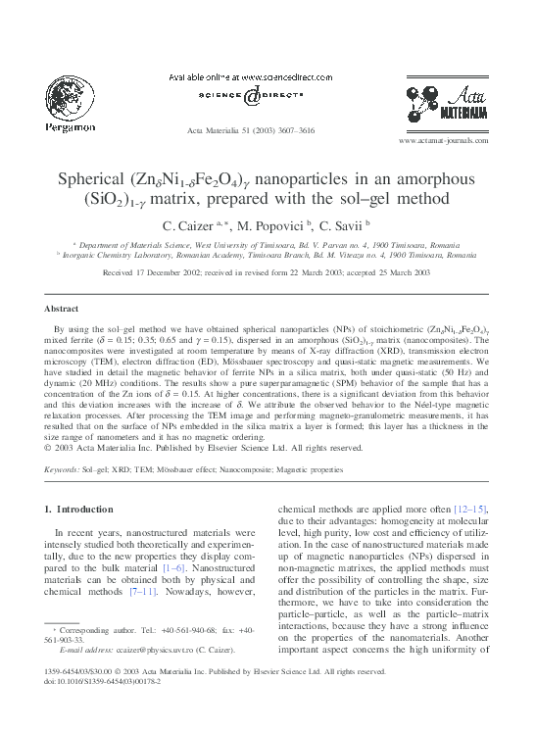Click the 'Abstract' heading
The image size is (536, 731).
[x=63, y=308]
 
